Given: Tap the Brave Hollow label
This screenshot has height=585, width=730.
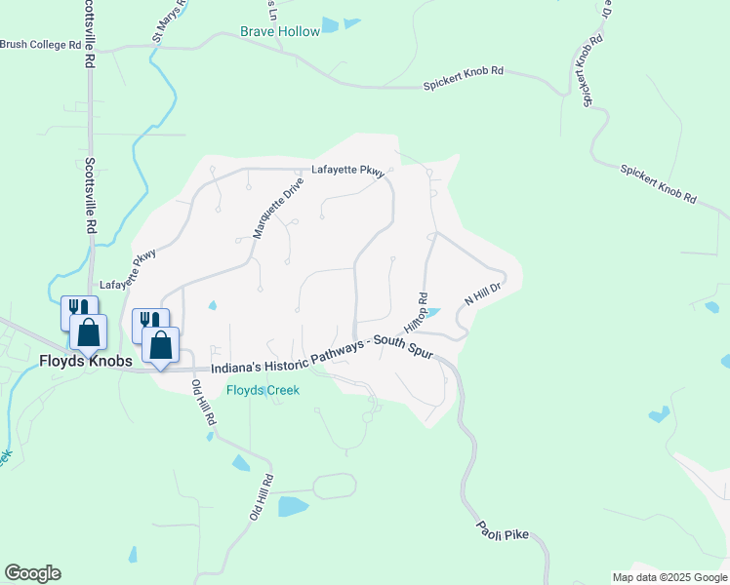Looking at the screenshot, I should (x=280, y=32).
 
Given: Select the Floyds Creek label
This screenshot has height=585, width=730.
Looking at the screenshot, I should (x=263, y=390).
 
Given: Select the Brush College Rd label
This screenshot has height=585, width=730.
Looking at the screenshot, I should (x=41, y=45).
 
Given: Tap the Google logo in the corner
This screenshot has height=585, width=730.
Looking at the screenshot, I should (x=32, y=573).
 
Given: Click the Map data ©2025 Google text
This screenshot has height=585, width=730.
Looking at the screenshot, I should (x=669, y=577).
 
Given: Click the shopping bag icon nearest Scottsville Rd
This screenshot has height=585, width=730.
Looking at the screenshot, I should (x=88, y=332).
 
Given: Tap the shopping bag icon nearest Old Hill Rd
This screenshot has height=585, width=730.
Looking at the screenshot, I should (x=161, y=345).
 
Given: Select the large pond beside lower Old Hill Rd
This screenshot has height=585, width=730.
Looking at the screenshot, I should (x=293, y=506).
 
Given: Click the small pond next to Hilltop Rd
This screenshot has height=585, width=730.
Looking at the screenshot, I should (x=432, y=313).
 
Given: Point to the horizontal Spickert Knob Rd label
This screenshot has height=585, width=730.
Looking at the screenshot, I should (x=463, y=79).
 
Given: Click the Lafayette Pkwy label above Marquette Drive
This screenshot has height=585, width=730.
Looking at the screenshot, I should (x=347, y=170).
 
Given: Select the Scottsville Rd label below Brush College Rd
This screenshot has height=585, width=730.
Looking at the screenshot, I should (x=90, y=196).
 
